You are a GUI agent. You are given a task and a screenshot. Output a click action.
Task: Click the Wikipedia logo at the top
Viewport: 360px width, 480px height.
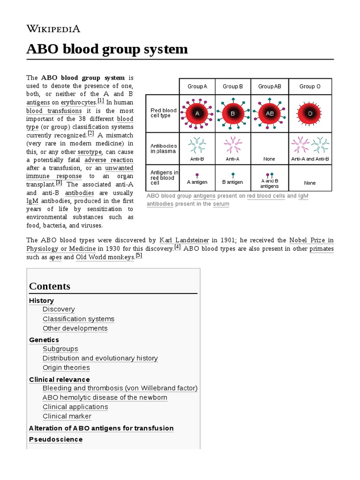[53, 29]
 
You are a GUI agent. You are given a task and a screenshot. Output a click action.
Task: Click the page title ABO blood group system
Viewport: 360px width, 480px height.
[107, 49]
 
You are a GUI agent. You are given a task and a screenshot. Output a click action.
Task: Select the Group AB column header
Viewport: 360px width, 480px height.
[270, 86]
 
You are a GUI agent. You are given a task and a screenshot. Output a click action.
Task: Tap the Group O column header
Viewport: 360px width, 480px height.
[310, 86]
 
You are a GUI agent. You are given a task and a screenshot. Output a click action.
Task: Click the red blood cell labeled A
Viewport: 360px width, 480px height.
[197, 113]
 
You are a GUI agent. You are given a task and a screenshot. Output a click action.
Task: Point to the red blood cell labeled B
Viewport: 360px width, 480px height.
[233, 113]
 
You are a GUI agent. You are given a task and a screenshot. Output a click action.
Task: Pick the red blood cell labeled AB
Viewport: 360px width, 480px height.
[270, 113]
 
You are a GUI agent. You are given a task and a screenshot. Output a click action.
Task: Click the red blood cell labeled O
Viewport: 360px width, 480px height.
[310, 113]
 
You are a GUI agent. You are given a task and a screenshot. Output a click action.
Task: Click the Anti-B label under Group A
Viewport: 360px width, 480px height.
[197, 159]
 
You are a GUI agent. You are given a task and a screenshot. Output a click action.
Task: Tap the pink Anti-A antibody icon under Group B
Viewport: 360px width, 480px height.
[233, 145]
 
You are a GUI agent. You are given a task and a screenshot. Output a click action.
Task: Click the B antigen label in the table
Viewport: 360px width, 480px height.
[233, 182]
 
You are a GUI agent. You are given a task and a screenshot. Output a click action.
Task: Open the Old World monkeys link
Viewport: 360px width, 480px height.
[105, 257]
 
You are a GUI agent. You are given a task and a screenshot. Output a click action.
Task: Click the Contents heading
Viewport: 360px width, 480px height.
[50, 286]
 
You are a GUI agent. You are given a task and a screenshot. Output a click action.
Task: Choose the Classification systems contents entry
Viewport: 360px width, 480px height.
[78, 319]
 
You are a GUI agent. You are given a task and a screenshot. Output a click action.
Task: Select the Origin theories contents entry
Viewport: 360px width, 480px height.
[66, 367]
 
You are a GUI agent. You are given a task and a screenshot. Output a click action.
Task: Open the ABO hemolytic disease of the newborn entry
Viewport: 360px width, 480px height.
[105, 397]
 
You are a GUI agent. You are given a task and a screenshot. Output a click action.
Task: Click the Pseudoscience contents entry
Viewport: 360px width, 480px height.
[56, 439]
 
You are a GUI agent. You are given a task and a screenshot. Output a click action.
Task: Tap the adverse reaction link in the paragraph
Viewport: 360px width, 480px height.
[109, 160]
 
